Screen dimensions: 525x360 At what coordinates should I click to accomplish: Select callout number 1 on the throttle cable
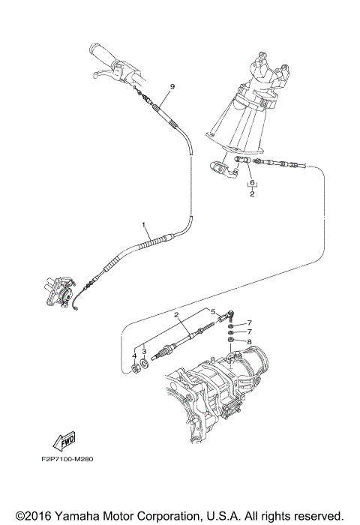tap(142, 224)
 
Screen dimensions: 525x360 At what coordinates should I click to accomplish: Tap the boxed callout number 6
tap(253, 183)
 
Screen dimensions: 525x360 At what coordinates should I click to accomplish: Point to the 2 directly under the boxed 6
tap(253, 193)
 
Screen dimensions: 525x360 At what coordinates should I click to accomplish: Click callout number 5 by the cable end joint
tap(212, 312)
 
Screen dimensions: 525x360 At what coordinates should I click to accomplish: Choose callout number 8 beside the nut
tap(249, 341)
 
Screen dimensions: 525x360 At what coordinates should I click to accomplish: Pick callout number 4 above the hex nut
tap(135, 349)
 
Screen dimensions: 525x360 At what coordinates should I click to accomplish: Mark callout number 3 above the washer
tap(144, 349)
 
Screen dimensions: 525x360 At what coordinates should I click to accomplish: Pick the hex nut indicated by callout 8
tap(232, 342)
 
